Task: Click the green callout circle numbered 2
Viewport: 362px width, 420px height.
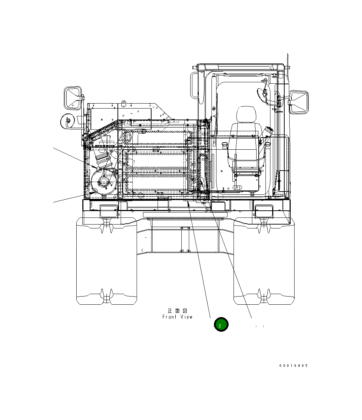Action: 221,325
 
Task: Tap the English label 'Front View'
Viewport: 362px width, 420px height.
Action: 177,317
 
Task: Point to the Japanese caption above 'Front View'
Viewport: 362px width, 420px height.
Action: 177,311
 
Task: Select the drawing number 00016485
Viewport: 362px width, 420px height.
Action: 293,365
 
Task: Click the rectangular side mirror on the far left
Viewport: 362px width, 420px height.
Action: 73,97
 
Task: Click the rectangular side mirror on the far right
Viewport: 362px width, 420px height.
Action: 299,102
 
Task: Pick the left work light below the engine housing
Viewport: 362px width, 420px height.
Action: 109,211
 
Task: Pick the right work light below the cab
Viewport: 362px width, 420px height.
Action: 263,211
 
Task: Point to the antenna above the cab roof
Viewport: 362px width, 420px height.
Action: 288,67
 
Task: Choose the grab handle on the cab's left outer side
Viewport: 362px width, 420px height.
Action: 193,85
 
